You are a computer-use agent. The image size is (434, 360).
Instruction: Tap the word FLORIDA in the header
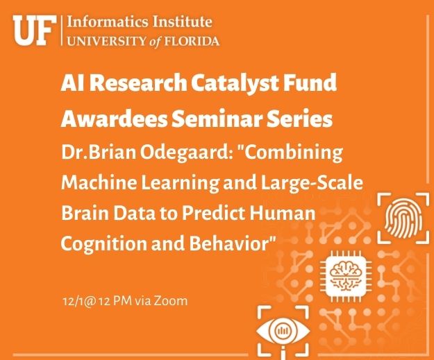192,42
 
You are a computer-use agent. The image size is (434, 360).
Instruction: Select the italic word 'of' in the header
156,42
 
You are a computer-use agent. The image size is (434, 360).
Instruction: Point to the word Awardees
114,119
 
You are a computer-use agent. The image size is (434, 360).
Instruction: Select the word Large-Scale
312,182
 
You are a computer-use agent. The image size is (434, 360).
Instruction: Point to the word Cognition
103,243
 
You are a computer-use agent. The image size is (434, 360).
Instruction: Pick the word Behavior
229,243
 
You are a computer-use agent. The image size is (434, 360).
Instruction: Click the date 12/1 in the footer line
72,301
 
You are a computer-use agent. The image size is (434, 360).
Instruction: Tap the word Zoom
170,301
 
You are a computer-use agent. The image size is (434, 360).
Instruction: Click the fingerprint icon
403,218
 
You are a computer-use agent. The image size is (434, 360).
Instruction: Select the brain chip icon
346,276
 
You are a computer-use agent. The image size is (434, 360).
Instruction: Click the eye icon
283,331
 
